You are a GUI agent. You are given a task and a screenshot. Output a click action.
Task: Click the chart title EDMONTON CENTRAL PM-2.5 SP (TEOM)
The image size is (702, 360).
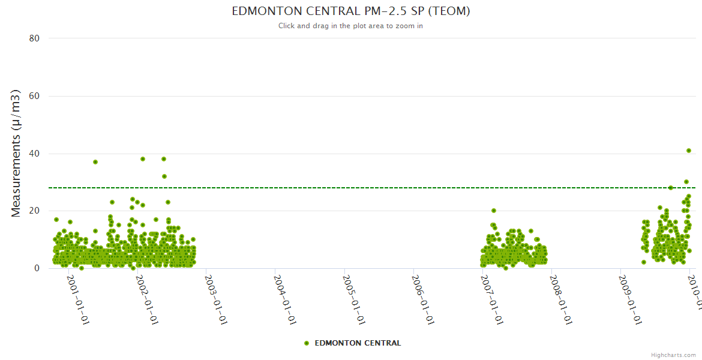tap(350, 11)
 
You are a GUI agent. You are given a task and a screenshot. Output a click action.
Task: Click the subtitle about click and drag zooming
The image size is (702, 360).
tap(350, 26)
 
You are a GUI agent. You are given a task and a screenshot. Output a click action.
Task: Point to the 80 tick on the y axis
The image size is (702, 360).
tap(34, 38)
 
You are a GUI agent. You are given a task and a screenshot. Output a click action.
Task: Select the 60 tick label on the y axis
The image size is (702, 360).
tap(34, 96)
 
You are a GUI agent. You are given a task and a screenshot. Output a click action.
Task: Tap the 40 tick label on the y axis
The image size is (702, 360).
tap(34, 154)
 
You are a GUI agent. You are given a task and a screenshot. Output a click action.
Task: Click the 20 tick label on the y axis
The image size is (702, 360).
tap(34, 211)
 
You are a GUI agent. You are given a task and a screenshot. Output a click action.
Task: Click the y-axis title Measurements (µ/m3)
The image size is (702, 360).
tap(17, 153)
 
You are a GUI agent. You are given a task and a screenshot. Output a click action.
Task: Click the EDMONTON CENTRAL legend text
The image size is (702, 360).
tap(358, 343)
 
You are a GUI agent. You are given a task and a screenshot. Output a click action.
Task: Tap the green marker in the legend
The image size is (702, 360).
tap(307, 343)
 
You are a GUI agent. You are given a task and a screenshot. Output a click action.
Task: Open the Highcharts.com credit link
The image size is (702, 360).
tap(673, 355)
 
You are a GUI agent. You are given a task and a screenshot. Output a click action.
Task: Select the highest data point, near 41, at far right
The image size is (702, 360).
tap(689, 151)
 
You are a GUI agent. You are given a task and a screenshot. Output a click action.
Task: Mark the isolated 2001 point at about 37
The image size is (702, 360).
tap(95, 162)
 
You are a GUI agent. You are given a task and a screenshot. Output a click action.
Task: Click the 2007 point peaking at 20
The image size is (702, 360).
tap(494, 211)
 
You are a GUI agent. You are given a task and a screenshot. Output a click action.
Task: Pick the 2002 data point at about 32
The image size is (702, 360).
tap(164, 176)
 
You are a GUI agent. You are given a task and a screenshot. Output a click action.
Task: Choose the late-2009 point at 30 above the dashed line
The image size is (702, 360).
tap(686, 182)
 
